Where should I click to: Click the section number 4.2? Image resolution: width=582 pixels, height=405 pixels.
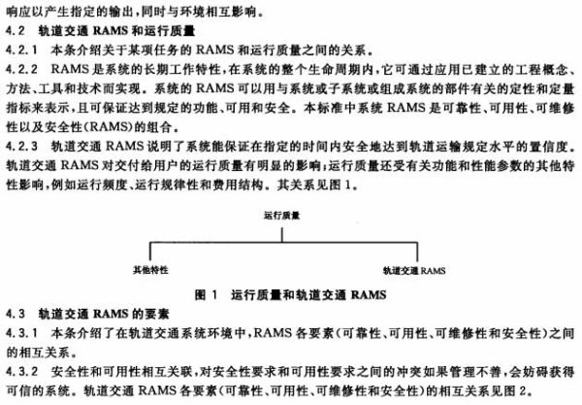point(16,30)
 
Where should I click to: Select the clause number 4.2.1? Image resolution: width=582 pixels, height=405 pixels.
point(21,50)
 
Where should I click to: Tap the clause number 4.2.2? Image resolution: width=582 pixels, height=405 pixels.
point(21,69)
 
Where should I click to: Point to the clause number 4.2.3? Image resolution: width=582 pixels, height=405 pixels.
point(21,147)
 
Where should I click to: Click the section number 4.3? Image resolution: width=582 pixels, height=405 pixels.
point(16,314)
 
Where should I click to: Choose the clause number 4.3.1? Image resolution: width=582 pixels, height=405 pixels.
point(21,333)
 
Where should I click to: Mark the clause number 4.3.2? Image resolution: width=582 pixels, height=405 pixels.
point(21,371)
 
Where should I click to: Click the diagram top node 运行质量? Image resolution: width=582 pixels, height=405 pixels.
point(281,216)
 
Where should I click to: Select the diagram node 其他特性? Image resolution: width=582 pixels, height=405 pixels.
point(150,270)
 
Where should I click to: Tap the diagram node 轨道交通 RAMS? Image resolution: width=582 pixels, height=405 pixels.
point(414,271)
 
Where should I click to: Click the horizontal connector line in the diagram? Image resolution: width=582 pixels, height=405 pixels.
point(283,242)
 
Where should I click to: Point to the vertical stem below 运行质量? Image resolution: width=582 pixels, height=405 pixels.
point(282,235)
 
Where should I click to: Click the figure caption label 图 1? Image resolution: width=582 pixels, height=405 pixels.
point(206,295)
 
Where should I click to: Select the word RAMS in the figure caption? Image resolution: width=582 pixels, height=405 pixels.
point(369,295)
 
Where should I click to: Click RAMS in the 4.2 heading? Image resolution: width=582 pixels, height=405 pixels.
point(111,30)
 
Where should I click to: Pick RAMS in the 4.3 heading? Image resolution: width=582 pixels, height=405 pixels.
point(111,314)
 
